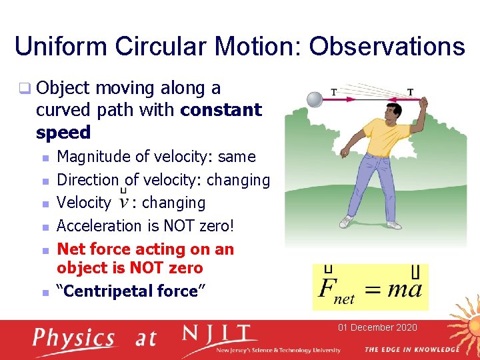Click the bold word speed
click(x=63, y=133)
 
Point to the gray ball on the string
click(x=313, y=99)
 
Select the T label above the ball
click(x=333, y=92)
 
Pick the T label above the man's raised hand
click(x=410, y=92)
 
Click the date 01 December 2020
click(x=377, y=327)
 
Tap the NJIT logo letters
click(x=220, y=335)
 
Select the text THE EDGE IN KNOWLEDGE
click(x=411, y=350)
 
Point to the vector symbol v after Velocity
click(x=123, y=203)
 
